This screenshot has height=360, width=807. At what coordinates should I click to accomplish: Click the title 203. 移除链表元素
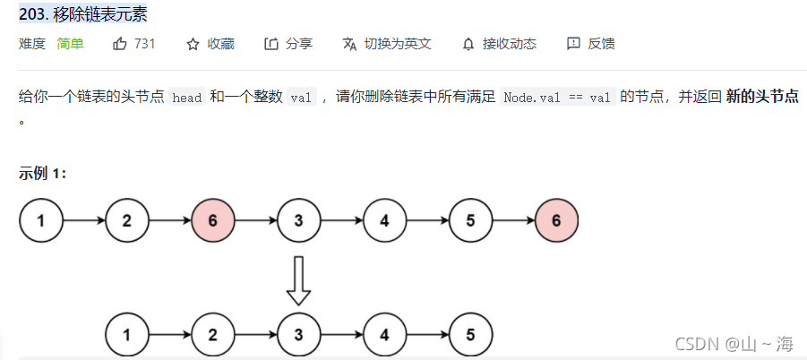click(x=83, y=13)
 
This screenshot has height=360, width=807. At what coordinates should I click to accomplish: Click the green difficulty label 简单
click(x=70, y=44)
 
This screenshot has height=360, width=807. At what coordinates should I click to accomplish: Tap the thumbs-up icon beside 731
click(x=120, y=44)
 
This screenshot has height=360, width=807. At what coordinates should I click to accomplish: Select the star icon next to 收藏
click(x=192, y=44)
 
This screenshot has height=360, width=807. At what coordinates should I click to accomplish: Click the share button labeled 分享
click(x=288, y=44)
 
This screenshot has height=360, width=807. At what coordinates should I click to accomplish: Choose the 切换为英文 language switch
click(x=387, y=44)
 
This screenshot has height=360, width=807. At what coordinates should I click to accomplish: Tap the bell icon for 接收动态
click(x=468, y=44)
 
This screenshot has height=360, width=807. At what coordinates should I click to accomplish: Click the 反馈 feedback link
click(x=591, y=44)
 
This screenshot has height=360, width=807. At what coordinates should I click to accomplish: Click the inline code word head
click(x=187, y=98)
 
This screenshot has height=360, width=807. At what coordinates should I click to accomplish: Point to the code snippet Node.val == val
click(x=558, y=98)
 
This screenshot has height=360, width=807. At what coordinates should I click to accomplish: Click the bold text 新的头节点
click(x=762, y=97)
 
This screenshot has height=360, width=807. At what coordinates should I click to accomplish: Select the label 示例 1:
click(x=42, y=173)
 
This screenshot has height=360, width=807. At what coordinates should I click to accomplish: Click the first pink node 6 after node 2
click(x=212, y=220)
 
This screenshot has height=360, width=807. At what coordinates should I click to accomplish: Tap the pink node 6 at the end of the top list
click(x=556, y=220)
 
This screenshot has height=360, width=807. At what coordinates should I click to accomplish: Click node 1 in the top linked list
click(x=41, y=220)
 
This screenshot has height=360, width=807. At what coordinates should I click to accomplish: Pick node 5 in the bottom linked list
click(x=470, y=336)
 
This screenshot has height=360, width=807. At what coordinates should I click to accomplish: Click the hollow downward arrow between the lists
click(x=298, y=280)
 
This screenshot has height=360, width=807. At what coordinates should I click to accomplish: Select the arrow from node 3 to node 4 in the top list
click(x=341, y=220)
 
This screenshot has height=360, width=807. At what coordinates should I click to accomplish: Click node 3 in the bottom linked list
click(x=298, y=336)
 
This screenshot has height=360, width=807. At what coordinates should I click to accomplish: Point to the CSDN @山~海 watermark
click(x=734, y=343)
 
